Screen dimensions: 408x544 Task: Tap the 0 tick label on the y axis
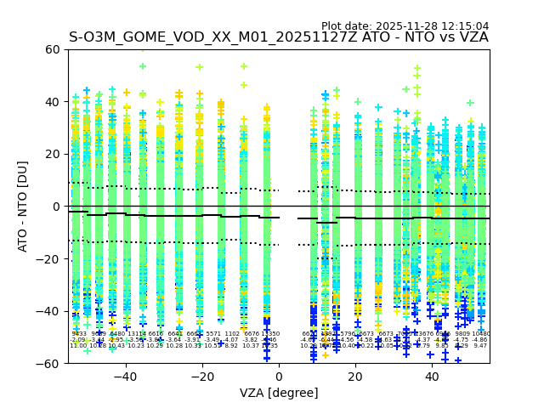(58, 207)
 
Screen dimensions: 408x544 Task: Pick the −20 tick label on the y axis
(50, 258)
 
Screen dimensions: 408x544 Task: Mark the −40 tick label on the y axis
(50, 311)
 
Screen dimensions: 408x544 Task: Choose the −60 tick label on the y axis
(50, 363)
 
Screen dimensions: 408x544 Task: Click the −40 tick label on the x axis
(125, 376)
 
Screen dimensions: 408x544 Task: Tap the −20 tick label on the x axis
(201, 376)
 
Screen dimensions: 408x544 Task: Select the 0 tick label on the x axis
(279, 376)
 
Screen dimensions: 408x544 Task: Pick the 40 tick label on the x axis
(432, 376)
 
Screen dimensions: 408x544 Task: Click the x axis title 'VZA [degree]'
(279, 392)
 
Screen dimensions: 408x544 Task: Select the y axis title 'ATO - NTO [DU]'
(23, 207)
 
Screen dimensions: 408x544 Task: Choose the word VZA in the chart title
(472, 37)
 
